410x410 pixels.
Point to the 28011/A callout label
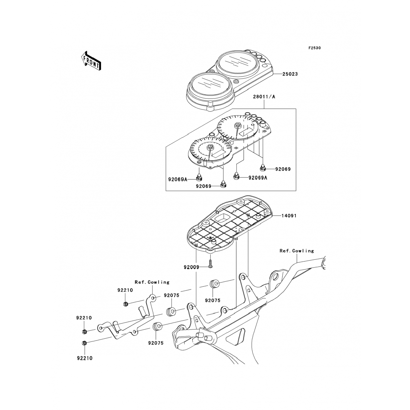click(x=264, y=97)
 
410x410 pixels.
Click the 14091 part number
click(x=289, y=216)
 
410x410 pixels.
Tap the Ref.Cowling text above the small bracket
click(x=152, y=282)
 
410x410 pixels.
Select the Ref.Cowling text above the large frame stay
click(x=297, y=251)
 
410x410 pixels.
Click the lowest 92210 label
click(x=84, y=358)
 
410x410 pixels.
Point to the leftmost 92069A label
click(x=178, y=179)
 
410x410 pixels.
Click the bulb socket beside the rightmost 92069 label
click(x=262, y=167)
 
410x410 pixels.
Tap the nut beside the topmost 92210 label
click(x=126, y=304)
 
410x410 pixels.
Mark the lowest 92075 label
click(x=156, y=343)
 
